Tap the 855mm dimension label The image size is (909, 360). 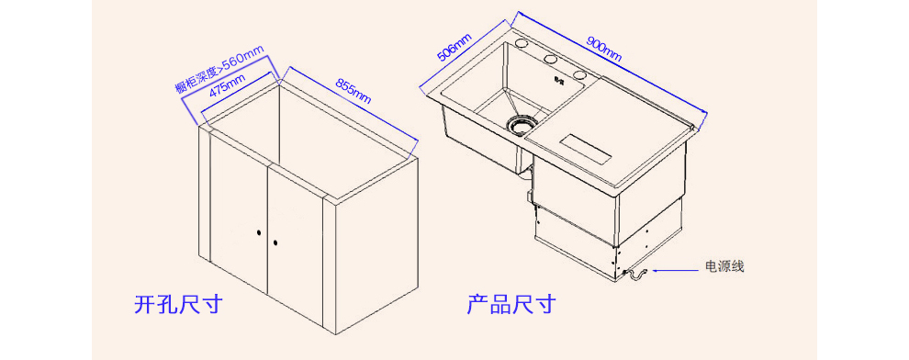tap(353, 91)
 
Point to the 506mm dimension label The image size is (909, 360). tap(454, 47)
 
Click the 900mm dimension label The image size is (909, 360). tap(604, 50)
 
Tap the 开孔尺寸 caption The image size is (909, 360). tap(178, 304)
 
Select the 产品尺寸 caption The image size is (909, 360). tap(511, 304)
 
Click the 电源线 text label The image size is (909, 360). tap(724, 266)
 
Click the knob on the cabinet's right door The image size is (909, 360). tap(276, 242)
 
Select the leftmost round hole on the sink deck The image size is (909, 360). tap(522, 44)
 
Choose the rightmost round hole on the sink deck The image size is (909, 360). tap(579, 74)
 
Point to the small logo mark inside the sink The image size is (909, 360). tap(559, 81)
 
